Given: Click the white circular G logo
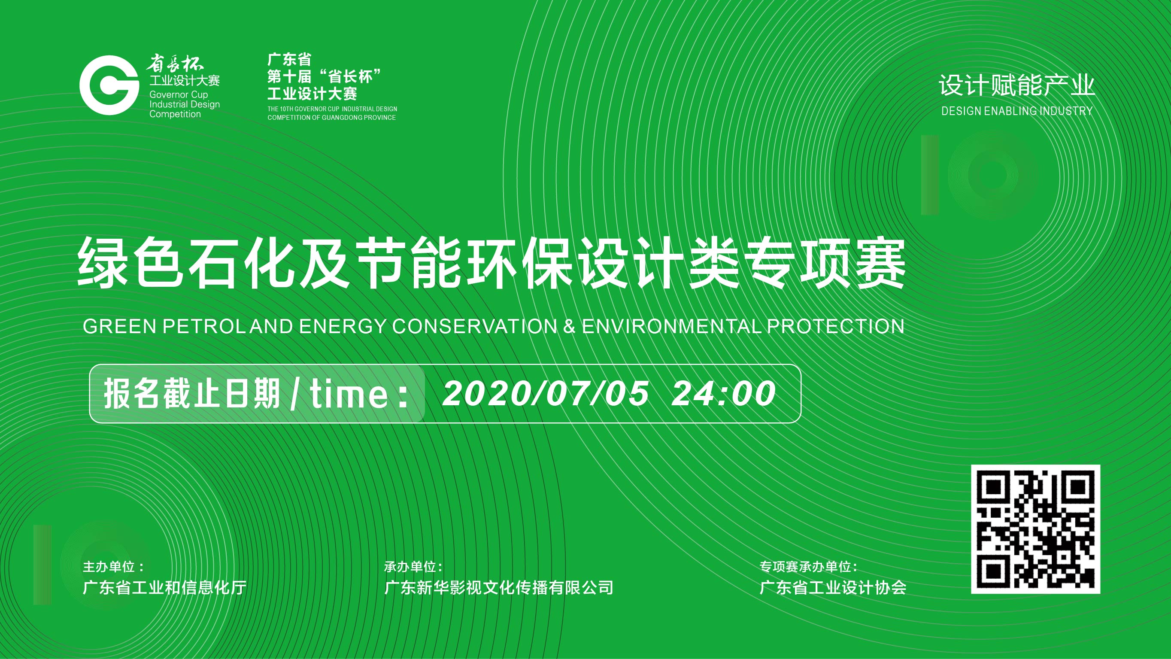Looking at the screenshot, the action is (x=109, y=85).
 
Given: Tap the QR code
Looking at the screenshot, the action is (x=1035, y=529).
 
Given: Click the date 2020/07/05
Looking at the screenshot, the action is (x=546, y=393).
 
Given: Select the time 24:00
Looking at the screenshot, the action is (x=723, y=393).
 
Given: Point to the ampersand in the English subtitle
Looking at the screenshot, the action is (x=569, y=326).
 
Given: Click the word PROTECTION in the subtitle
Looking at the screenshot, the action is (x=835, y=326).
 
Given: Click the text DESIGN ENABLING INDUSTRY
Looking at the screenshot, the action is (x=1017, y=111).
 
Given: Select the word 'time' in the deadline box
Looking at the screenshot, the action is (x=349, y=393).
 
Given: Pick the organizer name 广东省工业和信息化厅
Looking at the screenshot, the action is (x=164, y=588).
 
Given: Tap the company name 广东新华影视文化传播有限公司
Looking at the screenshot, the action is (x=499, y=588).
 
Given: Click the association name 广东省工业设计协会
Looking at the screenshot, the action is (x=833, y=588).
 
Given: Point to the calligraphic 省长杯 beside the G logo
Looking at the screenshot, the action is (x=175, y=64).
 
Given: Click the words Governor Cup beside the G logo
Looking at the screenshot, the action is (x=179, y=94).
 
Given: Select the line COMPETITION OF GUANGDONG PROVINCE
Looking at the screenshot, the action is (x=331, y=117).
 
